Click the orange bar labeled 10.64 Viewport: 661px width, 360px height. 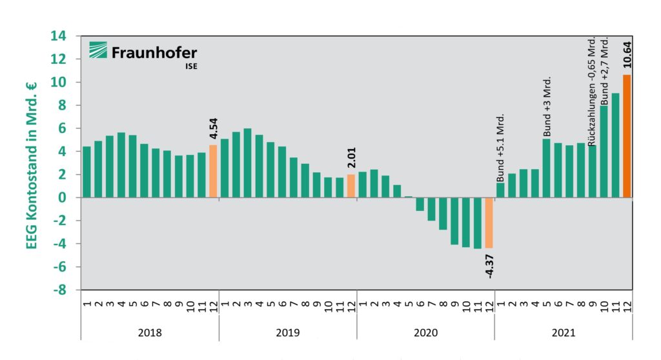tap(626, 136)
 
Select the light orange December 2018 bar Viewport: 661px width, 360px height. tap(213, 172)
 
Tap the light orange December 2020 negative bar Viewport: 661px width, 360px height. tap(489, 223)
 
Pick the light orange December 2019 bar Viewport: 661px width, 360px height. tap(351, 186)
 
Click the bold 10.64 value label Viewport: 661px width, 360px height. tap(627, 55)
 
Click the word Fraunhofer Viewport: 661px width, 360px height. tap(154, 52)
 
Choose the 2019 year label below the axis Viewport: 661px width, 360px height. tap(287, 333)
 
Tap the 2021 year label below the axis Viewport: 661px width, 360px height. tap(563, 333)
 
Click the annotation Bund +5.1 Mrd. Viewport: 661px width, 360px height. tap(500, 148)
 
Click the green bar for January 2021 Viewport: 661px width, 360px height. tap(500, 190)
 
